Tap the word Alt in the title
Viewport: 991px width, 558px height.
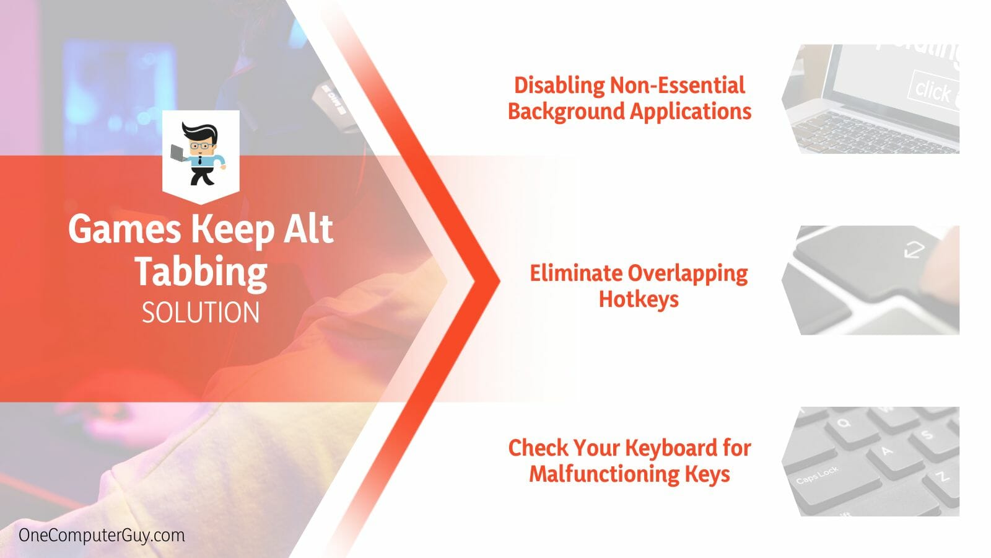coord(308,229)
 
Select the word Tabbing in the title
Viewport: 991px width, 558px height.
coord(201,271)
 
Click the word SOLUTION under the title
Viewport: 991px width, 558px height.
coord(201,312)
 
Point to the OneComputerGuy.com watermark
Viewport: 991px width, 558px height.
coord(102,535)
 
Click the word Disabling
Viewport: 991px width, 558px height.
coord(559,85)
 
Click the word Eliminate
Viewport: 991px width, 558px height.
coord(576,273)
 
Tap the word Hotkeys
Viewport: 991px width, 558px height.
coord(639,299)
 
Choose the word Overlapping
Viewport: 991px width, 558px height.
coord(688,273)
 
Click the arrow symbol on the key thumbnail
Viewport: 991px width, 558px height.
coord(914,250)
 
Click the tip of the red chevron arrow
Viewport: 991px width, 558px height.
coord(499,281)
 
